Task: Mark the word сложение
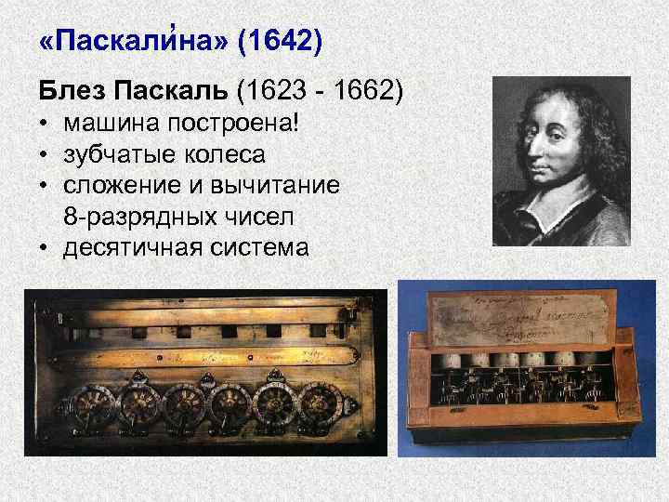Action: tap(117, 186)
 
